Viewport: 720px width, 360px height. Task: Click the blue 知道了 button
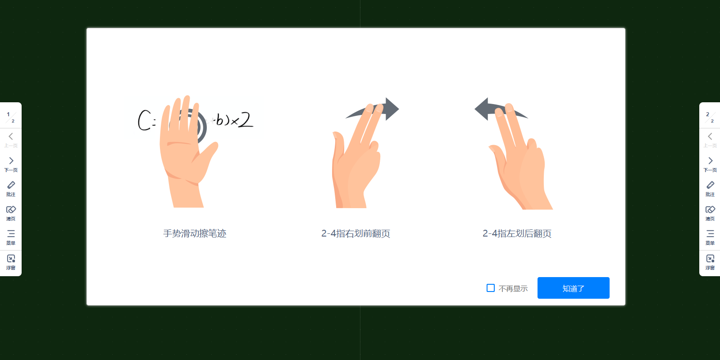click(573, 288)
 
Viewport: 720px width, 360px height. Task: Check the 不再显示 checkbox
click(491, 288)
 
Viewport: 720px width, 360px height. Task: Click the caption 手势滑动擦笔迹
click(195, 233)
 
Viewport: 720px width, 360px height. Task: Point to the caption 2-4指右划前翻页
click(355, 233)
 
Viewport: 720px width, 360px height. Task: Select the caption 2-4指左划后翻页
click(517, 233)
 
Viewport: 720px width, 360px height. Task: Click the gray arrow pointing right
click(391, 109)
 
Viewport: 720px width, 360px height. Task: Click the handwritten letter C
click(144, 120)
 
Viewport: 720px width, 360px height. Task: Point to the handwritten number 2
click(246, 120)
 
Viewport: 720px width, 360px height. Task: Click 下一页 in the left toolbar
click(11, 164)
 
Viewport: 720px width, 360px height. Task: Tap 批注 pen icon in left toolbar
click(11, 188)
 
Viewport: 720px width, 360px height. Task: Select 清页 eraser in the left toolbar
click(11, 212)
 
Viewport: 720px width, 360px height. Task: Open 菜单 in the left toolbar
click(11, 237)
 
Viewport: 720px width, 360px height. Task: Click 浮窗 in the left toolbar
click(11, 261)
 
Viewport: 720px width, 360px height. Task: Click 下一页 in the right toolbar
click(710, 164)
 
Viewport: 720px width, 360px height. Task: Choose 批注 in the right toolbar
click(710, 188)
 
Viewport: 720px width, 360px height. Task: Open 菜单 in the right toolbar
click(710, 237)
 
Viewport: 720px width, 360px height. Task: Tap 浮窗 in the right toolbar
click(710, 261)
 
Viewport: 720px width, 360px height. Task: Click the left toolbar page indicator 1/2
click(11, 117)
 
